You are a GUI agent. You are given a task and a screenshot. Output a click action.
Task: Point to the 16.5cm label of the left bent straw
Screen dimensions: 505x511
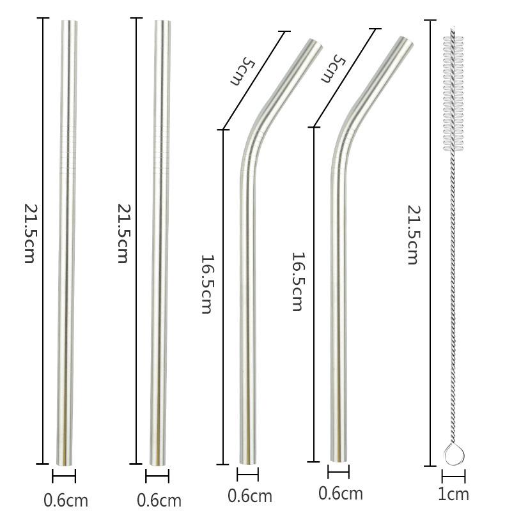(x=206, y=284)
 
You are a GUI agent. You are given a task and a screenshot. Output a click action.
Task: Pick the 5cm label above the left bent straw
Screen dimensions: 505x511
(x=242, y=71)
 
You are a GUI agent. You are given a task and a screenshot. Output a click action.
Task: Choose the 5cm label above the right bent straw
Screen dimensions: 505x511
(x=333, y=68)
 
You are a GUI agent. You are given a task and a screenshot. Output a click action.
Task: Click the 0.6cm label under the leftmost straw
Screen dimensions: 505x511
(x=66, y=500)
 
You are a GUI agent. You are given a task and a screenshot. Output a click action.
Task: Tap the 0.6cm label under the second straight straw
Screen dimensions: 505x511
(x=159, y=500)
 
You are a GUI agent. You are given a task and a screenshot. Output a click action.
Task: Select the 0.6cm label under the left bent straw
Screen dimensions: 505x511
(x=249, y=496)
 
